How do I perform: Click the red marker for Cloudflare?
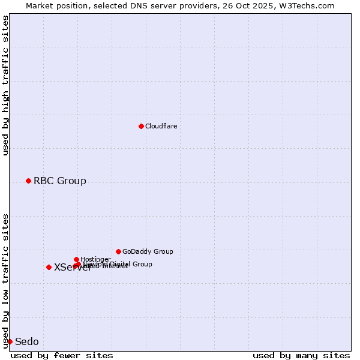(x=141, y=126)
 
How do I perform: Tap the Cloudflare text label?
(x=161, y=127)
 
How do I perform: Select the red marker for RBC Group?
(x=28, y=181)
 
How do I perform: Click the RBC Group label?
(x=59, y=181)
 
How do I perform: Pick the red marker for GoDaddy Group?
(x=118, y=251)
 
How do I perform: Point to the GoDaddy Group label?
(x=148, y=252)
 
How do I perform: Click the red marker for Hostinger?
(x=76, y=259)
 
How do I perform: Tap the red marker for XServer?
(x=49, y=267)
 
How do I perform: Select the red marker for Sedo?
(x=10, y=341)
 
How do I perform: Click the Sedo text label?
(x=26, y=342)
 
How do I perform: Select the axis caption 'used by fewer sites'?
(x=62, y=356)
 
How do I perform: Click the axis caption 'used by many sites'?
(x=301, y=356)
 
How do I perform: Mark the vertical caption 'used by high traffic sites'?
(x=5, y=85)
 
